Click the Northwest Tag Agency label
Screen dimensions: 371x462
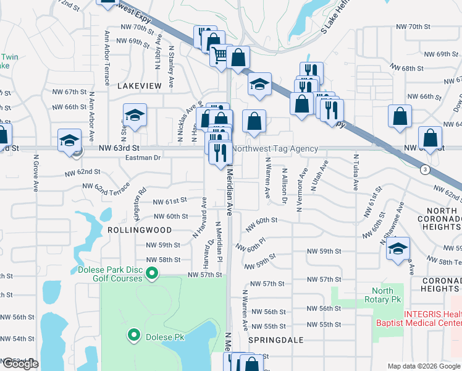point(275,149)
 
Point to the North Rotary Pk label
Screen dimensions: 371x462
point(382,296)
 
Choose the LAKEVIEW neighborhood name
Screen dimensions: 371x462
point(139,85)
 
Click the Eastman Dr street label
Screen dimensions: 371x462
point(143,158)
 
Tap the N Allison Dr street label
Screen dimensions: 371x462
point(284,185)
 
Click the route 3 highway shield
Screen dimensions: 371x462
point(424,169)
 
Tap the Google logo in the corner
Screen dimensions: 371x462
point(20,364)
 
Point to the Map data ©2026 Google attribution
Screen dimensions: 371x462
point(424,366)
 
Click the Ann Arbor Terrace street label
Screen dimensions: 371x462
point(107,51)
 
